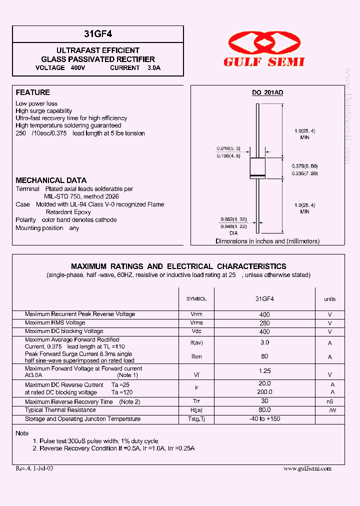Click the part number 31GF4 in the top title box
[98, 34]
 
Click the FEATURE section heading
[33, 92]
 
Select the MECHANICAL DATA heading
[51, 180]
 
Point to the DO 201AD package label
[267, 92]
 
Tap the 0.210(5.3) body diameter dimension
[228, 148]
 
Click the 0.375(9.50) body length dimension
[304, 165]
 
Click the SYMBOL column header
[196, 299]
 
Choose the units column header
[329, 299]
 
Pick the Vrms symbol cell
[196, 323]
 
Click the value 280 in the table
[264, 323]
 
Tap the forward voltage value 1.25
[264, 371]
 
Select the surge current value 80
[264, 356]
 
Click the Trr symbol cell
[196, 401]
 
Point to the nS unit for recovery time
[330, 401]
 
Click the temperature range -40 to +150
[264, 419]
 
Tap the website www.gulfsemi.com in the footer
[307, 468]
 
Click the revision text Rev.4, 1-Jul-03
[34, 468]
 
